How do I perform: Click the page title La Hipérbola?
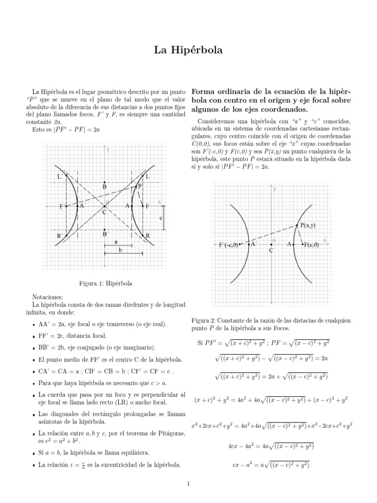coord(188,50)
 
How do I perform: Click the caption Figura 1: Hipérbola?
coord(106,283)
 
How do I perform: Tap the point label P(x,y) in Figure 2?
coord(308,225)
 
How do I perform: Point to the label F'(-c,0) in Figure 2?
coord(228,245)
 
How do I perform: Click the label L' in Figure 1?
coord(60,177)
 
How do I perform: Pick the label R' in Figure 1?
coord(59,236)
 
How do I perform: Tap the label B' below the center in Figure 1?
coord(105,234)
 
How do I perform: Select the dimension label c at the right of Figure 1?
coord(161,217)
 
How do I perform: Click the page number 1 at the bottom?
coord(188,484)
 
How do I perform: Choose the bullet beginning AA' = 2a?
coord(103,325)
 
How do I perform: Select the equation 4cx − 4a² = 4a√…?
coord(271,446)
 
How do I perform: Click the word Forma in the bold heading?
coord(204,91)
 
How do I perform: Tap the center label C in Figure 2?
coord(270,250)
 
